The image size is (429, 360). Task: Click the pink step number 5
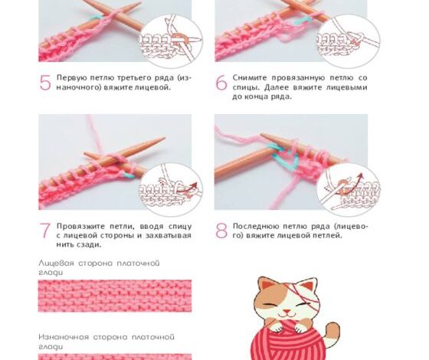tap(45, 83)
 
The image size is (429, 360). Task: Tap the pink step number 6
tap(221, 83)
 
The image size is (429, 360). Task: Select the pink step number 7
tap(45, 231)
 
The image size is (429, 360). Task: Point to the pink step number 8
tap(221, 231)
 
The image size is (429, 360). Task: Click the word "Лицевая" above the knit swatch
tap(57, 263)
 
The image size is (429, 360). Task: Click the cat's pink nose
tap(287, 311)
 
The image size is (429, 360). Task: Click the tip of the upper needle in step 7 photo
tap(165, 138)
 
